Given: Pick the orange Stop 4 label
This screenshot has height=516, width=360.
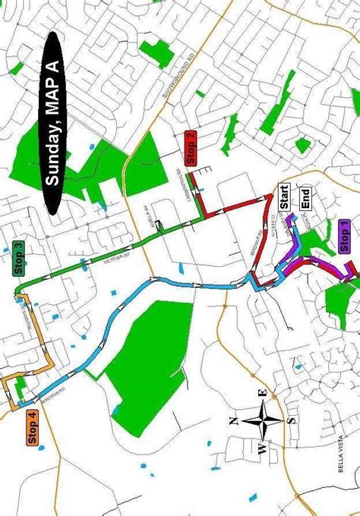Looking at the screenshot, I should pos(32,427).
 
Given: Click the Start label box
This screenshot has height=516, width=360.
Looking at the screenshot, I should pos(283,196).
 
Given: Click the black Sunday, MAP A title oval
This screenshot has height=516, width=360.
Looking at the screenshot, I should pos(52,121).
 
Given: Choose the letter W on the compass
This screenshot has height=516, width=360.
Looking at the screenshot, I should pos(261,449).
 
